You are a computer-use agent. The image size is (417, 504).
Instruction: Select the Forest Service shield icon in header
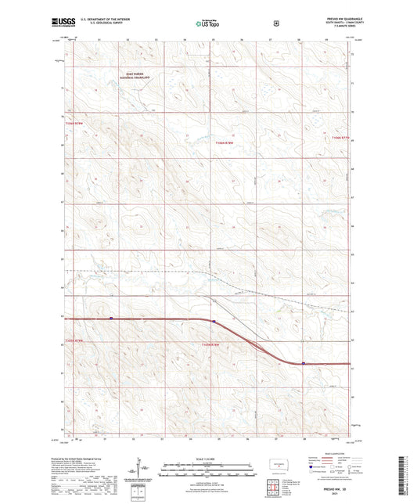coord(275,23)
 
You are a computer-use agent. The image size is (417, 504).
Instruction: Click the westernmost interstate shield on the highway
coord(112,318)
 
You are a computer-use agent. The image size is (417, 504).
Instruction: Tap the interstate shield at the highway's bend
coord(212,320)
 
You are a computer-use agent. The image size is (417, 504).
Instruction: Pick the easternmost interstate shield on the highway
coord(303,362)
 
